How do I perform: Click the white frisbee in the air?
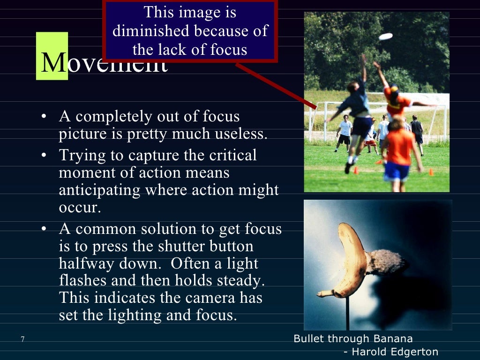(x=385, y=36)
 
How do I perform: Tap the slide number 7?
(x=22, y=339)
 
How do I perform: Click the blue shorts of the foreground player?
(x=396, y=171)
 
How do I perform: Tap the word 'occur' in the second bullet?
(x=79, y=208)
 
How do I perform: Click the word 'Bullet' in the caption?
(x=308, y=338)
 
